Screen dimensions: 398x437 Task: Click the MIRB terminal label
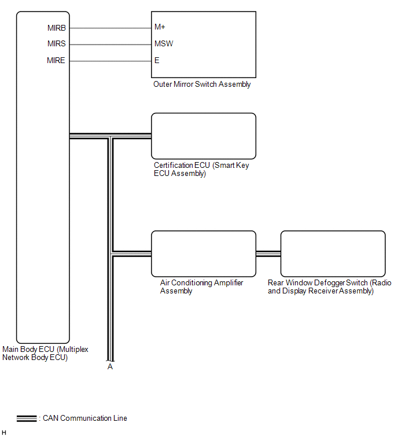(57, 28)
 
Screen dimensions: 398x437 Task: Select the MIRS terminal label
(57, 44)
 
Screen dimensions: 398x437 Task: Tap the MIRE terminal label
(56, 60)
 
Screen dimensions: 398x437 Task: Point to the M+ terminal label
(160, 27)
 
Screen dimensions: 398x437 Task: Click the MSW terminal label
(164, 44)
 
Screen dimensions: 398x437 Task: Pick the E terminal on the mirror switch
(157, 60)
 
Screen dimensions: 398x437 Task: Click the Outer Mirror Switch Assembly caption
(202, 85)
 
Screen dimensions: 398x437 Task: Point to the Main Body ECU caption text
(45, 354)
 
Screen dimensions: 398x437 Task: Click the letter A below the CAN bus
(110, 367)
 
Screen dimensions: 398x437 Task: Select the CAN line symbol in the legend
(27, 418)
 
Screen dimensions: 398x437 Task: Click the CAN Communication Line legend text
(85, 418)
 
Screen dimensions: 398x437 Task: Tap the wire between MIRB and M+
(110, 28)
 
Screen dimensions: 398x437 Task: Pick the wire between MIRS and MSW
(110, 45)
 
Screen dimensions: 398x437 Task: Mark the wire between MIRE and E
(110, 61)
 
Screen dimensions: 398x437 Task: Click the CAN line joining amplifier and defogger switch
(268, 254)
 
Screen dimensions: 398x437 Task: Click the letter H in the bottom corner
(4, 432)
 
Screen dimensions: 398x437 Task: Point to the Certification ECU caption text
(201, 170)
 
